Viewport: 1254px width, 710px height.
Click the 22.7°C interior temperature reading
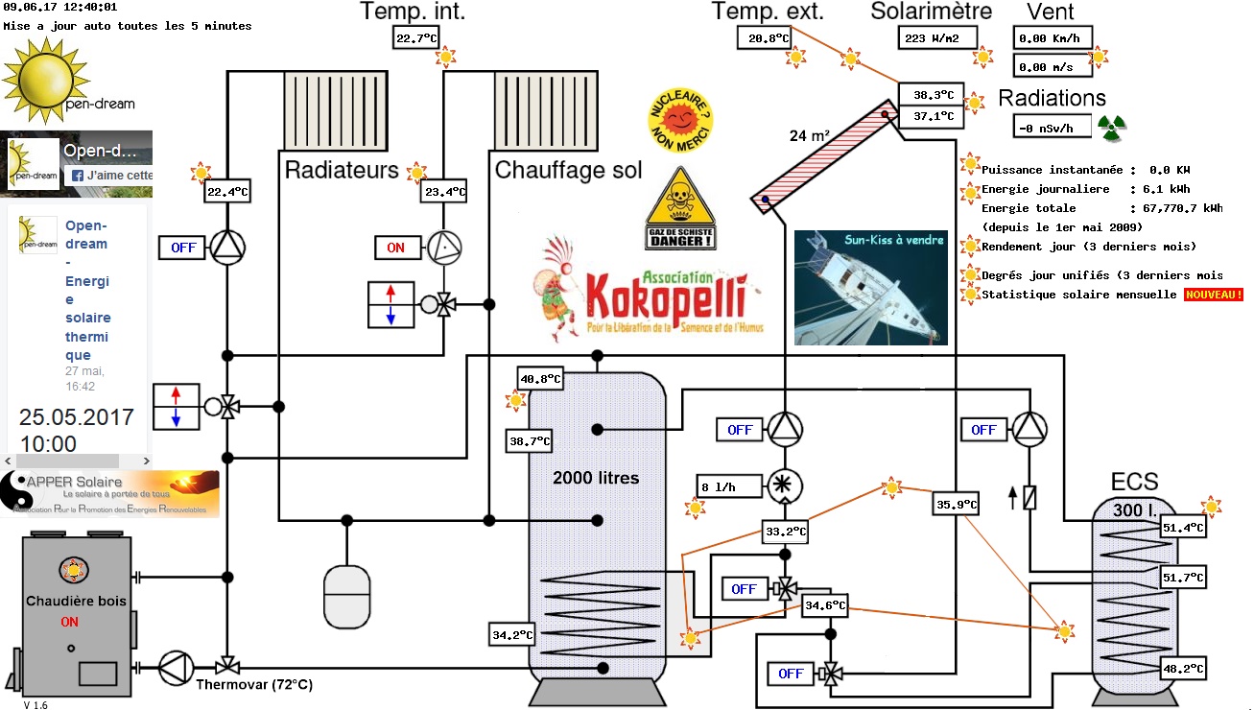(414, 38)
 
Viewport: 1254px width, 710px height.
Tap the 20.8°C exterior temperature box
(764, 38)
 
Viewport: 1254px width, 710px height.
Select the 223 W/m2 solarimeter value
(936, 38)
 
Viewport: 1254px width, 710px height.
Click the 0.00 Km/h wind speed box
(1052, 38)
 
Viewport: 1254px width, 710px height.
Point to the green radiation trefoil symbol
(1111, 126)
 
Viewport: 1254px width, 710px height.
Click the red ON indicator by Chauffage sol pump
(396, 248)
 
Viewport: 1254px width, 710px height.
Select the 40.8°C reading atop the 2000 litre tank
(539, 379)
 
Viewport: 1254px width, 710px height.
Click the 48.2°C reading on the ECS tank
(1182, 668)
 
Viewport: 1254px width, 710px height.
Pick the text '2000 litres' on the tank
(595, 478)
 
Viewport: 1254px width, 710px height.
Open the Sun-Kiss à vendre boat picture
(871, 288)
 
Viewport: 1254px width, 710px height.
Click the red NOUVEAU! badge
(1213, 295)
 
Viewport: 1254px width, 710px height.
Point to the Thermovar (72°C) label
(254, 685)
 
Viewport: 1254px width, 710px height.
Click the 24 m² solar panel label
(810, 135)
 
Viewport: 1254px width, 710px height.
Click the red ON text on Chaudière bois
(70, 622)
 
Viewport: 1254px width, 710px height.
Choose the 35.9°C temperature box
(956, 505)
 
